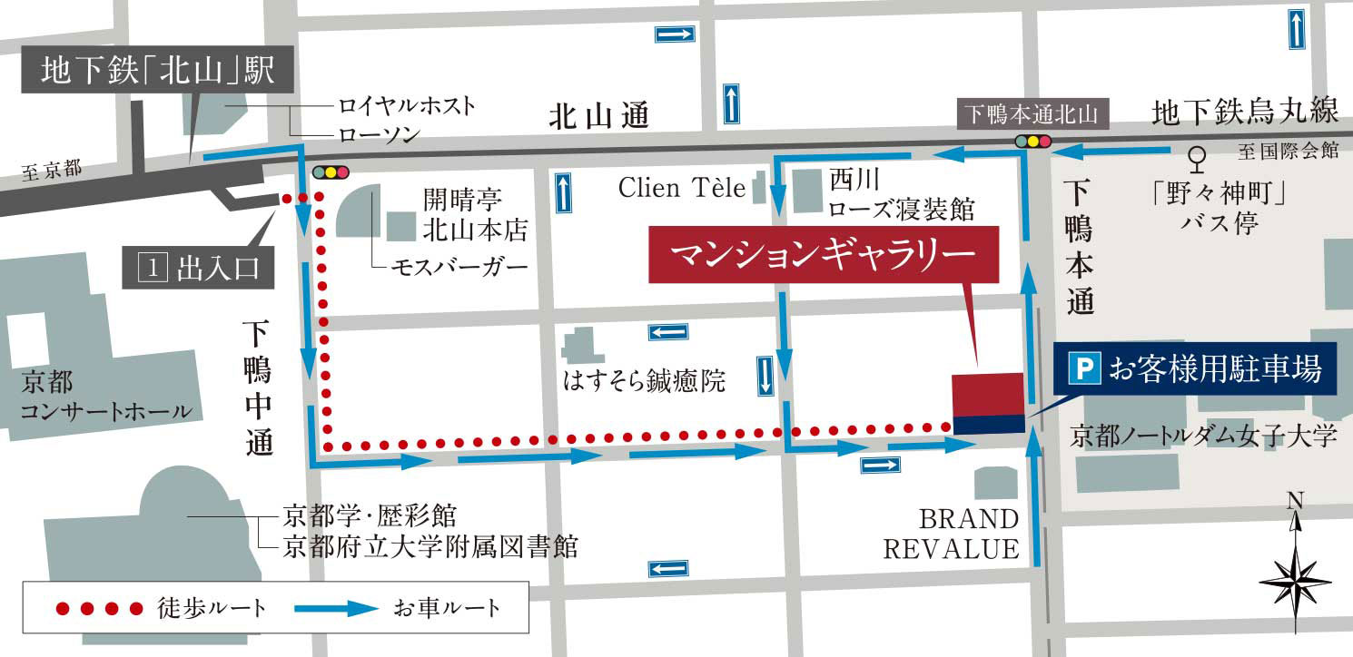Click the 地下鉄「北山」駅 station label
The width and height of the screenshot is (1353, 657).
point(157,71)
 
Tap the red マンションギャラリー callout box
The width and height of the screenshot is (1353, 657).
point(824,254)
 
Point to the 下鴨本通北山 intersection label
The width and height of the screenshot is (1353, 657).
point(1031,114)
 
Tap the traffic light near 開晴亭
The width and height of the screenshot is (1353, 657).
point(330,172)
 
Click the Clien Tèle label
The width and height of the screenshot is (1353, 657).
point(681,188)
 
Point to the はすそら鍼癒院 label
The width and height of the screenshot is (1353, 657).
point(645,382)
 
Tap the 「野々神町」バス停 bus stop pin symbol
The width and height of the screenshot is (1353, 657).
point(1199,159)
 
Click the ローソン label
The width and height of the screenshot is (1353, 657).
point(380,135)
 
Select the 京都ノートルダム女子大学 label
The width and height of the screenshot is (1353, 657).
point(1204,436)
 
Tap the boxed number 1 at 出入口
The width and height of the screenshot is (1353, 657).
point(152,270)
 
